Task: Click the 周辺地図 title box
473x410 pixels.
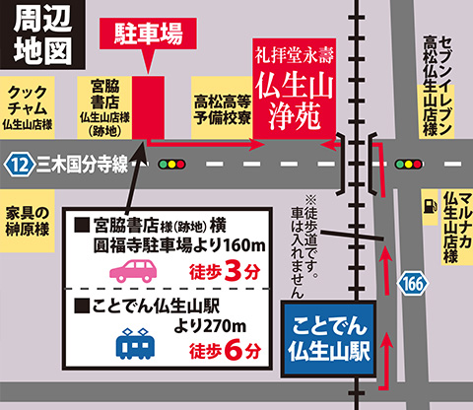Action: [x=36, y=34]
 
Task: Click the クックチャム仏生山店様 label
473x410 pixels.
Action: [x=30, y=107]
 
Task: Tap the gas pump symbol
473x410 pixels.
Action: [x=430, y=206]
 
